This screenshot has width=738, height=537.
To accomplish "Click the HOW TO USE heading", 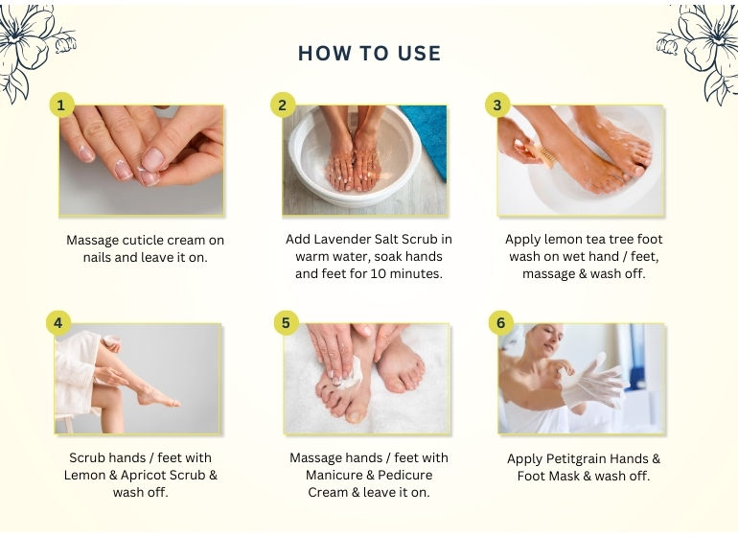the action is tap(369, 54).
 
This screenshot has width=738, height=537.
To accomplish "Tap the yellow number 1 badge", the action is tap(61, 105).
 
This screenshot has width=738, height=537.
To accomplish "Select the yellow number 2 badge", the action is tap(283, 105).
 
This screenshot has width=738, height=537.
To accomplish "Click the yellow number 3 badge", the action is tap(497, 105).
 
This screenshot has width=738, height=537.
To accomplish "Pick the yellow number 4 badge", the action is tap(58, 322).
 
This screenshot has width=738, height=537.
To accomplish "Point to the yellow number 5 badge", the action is tap(287, 322).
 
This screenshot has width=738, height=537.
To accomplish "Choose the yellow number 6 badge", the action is tap(500, 322).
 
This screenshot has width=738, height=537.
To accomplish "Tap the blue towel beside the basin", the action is tap(427, 136).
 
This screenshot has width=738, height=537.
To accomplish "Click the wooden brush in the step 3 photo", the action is tap(541, 154).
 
